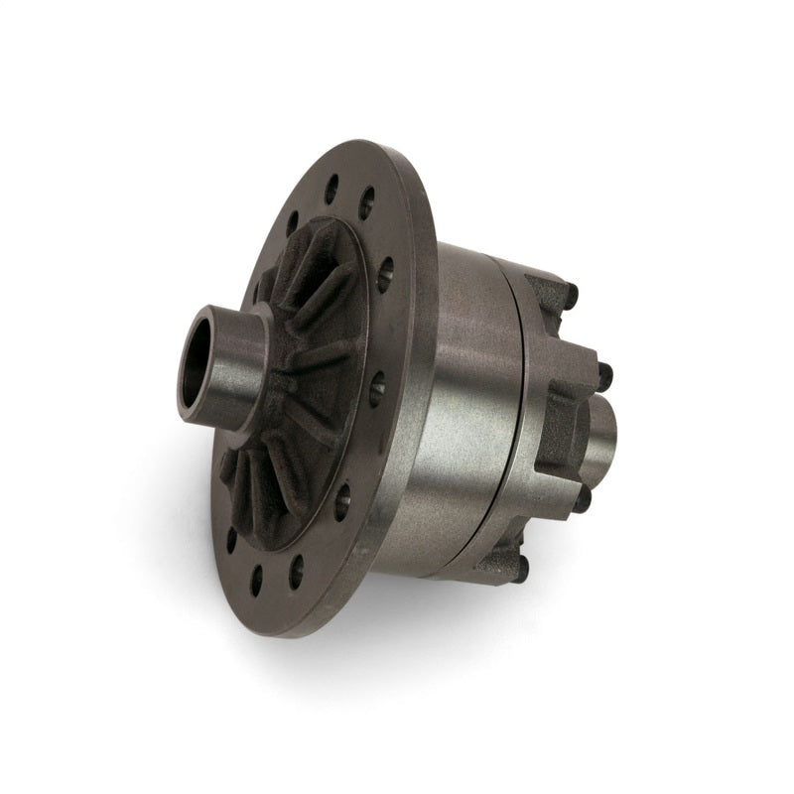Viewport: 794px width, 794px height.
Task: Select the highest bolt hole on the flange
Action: click(x=331, y=189)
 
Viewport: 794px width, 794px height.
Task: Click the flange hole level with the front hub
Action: click(x=377, y=389)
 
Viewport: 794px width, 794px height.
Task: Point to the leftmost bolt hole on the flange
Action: click(x=231, y=540)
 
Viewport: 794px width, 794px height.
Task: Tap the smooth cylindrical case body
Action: click(x=466, y=397)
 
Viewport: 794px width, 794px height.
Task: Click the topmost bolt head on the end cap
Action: click(x=570, y=294)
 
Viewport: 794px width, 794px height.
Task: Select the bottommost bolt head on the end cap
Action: click(x=521, y=568)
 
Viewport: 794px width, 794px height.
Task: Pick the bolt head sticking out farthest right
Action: click(x=604, y=375)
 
